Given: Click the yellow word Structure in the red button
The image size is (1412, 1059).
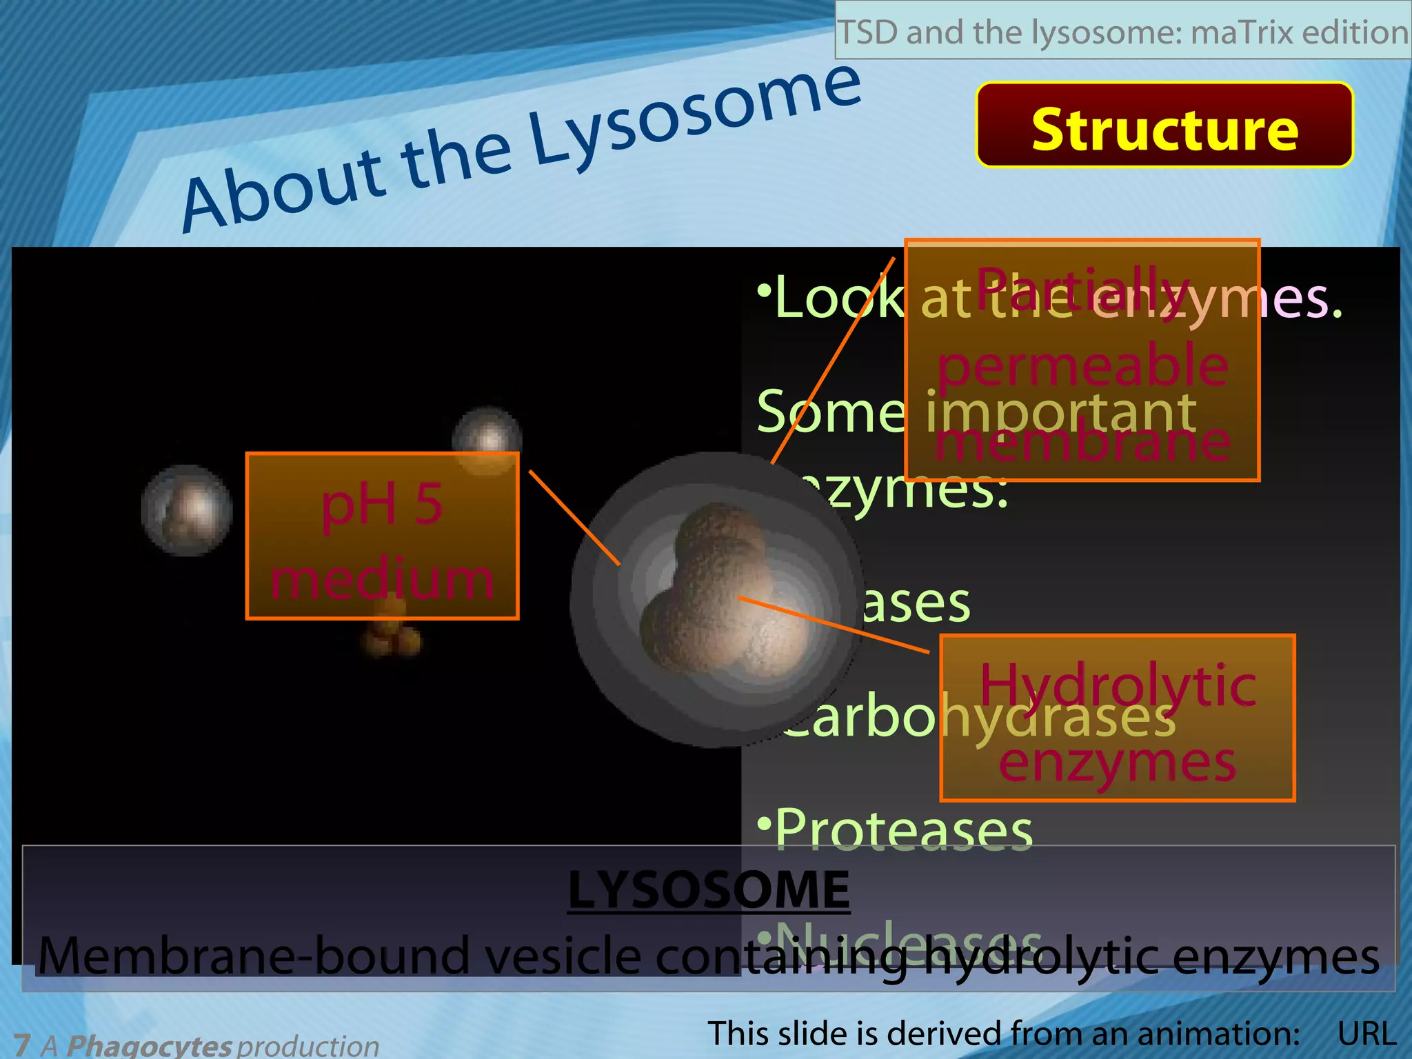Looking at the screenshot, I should pos(1164,130).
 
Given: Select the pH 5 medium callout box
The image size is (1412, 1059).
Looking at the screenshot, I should pos(382,536).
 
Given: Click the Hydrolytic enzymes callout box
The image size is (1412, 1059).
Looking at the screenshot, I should pos(1117,718).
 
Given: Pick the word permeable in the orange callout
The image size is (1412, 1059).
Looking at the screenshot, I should pos(1082,366).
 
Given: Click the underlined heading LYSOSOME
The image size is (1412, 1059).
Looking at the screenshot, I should pos(709,889).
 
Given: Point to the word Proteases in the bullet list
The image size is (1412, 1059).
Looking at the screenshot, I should pos(903,829).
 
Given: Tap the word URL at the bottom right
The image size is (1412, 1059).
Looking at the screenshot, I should pos(1366,1033).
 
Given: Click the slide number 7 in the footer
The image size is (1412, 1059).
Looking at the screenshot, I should pos(21,1045).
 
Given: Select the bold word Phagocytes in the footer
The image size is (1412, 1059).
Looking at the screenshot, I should pos(149,1045).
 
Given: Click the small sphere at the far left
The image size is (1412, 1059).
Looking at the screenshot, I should pos(187,510).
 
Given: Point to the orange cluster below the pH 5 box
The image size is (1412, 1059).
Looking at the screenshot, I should pos(391,631).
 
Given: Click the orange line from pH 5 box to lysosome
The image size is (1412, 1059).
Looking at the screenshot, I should pos(574,517).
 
